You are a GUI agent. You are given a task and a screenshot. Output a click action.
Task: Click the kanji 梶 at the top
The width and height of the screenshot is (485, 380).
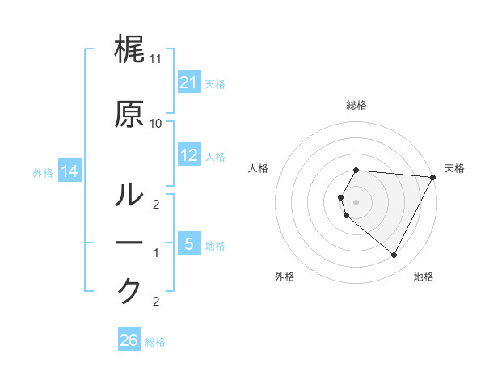[x=129, y=50]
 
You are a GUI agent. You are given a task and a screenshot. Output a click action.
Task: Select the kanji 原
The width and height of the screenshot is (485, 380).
[x=129, y=114]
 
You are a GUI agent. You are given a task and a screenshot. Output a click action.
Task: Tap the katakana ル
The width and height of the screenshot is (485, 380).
[x=129, y=195]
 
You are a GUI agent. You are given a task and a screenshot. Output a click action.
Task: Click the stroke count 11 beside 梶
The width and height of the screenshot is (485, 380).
[x=156, y=60]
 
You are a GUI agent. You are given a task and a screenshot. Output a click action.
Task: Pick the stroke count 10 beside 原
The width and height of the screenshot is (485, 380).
[x=156, y=124]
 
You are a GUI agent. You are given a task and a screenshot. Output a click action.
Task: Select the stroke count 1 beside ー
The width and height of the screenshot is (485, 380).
[x=156, y=253]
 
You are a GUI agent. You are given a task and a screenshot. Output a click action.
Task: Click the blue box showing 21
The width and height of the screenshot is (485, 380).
[x=189, y=82]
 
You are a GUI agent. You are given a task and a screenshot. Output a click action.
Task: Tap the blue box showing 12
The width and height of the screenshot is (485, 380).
[x=189, y=155]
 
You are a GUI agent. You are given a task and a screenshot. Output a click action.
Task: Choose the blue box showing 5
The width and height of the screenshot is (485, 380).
[x=189, y=243]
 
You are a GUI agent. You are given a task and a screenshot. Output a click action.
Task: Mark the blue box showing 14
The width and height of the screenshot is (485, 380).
[x=69, y=171]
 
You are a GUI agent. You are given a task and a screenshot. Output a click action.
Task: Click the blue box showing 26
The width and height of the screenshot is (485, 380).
[x=129, y=340]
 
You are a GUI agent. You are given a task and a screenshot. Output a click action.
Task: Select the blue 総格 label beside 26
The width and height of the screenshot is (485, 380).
[x=155, y=342]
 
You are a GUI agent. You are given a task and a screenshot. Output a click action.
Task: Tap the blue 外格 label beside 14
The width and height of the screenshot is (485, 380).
[x=44, y=172]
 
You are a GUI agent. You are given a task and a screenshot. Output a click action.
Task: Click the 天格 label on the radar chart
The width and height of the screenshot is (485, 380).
[x=454, y=168]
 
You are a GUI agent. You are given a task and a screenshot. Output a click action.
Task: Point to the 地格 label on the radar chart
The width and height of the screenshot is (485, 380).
[x=424, y=277]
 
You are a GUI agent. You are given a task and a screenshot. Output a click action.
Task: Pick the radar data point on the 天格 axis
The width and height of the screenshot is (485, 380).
[x=433, y=177]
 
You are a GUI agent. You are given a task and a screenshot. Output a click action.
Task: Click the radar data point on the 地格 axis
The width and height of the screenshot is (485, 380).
[x=394, y=255]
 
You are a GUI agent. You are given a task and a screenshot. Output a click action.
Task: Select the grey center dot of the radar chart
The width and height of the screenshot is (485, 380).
[x=356, y=201]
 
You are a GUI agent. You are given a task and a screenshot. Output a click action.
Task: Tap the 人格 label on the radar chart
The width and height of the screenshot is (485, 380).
[x=258, y=168]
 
